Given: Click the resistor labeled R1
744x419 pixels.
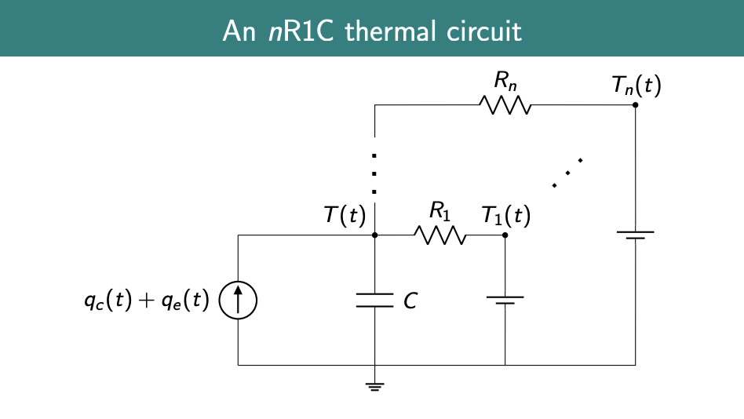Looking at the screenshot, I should [440, 235].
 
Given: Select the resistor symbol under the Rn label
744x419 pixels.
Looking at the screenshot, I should [505, 105].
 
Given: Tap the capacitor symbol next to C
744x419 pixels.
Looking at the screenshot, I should [375, 301].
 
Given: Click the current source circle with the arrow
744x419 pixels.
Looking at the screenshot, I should [238, 301].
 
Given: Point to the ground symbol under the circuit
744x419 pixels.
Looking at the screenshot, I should [375, 386].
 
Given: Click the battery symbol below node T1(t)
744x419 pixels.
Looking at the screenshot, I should [505, 301].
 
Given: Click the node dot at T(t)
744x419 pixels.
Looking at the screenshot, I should [375, 235].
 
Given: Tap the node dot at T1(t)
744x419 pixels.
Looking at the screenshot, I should [505, 235].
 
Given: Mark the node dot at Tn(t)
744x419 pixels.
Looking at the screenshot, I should [635, 105].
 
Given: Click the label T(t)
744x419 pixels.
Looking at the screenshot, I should [345, 215].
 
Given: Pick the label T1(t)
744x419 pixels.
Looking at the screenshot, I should [506, 215].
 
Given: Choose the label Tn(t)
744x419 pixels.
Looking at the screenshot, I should [636, 86].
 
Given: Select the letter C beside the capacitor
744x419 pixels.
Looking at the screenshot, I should [410, 301].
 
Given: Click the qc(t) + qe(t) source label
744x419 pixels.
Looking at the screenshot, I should [147, 301].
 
